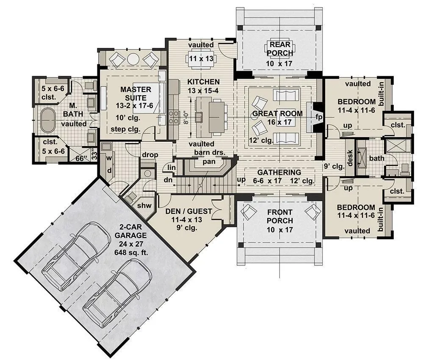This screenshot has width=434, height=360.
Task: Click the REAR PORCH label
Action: pos(280,49)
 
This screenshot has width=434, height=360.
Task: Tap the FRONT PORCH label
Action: pos(280,216)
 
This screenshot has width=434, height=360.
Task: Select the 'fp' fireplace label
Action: pos(319,117)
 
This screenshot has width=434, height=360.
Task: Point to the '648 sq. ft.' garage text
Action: pos(131,252)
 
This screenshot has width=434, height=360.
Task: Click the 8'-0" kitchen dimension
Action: pos(187,117)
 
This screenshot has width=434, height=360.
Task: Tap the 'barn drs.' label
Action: pos(210,152)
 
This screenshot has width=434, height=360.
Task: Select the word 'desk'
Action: pos(350,158)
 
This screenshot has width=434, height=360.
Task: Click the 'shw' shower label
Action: pos(144,205)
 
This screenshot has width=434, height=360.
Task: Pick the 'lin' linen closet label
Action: pos(171,167)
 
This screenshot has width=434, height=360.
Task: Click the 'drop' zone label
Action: pos(150,155)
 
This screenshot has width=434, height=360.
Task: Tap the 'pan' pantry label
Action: pos(209,162)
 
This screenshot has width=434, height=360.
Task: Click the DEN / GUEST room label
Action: pos(189,211)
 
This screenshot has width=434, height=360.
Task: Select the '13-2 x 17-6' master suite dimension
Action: pos(134,106)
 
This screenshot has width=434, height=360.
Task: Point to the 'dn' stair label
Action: pos(168,180)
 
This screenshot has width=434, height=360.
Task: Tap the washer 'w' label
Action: pos(109,158)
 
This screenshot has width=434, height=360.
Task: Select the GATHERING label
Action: pos(279,172)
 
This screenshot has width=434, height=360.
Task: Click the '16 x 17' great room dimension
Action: pos(279,122)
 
